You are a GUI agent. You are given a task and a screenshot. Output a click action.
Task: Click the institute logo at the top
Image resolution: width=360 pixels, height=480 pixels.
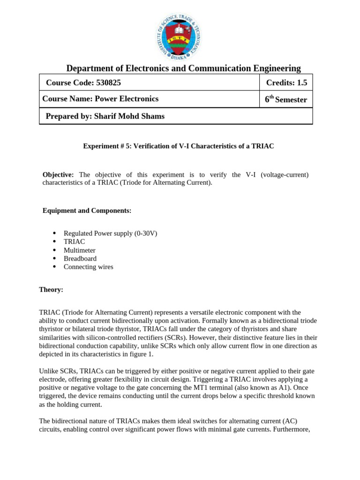[x=180, y=35]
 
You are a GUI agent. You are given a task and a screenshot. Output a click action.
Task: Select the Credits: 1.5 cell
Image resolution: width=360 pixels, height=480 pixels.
[x=286, y=83]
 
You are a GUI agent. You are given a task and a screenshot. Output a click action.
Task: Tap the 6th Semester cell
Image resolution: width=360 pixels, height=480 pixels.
[x=286, y=99]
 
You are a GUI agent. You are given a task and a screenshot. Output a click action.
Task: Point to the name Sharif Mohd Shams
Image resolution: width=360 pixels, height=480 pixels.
[x=129, y=116]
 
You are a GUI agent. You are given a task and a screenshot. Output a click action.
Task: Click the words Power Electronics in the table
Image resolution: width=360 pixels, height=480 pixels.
[x=127, y=99]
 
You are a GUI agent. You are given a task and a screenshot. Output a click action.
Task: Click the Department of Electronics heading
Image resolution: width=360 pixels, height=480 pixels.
[x=183, y=68]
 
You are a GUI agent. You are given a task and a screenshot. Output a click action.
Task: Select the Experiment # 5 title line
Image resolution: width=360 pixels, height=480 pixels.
[x=178, y=146]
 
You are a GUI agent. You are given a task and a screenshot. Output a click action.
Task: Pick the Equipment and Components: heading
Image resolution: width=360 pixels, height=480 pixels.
[x=87, y=211]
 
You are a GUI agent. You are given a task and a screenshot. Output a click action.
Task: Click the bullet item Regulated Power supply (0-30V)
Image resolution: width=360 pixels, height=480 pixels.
[x=110, y=233]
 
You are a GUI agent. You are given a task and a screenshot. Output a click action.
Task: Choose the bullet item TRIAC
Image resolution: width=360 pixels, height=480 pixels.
[x=75, y=242]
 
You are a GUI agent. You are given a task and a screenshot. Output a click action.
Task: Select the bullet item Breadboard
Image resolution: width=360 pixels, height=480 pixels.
[x=80, y=259]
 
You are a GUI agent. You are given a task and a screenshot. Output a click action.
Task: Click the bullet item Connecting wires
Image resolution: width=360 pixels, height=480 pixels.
[x=89, y=267]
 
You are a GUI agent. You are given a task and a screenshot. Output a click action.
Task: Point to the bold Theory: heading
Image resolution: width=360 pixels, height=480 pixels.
[x=51, y=290]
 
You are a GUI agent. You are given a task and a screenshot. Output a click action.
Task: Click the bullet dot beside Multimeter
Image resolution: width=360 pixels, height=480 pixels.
[x=54, y=250]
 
